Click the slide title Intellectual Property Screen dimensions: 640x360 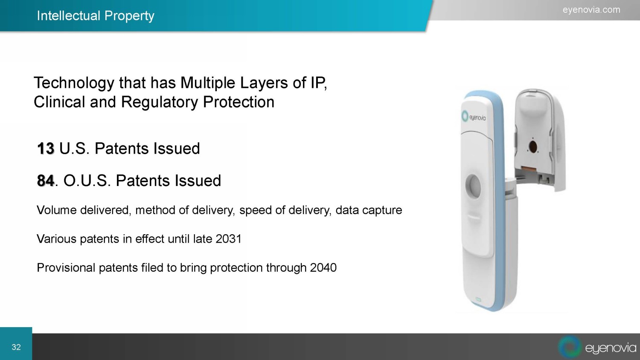point(96,16)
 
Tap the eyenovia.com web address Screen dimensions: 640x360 point(591,10)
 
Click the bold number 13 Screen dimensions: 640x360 point(46,148)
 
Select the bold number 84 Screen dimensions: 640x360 point(45,180)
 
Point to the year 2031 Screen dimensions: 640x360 point(229,239)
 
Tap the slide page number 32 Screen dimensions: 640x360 point(16,347)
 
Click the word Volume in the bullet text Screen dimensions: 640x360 point(57,210)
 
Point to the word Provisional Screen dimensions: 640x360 point(66,268)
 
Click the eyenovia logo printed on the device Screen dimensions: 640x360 point(474,116)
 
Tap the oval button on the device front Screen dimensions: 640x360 point(473,186)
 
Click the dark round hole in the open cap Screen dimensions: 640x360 point(533,147)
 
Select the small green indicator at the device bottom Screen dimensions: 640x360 point(478,300)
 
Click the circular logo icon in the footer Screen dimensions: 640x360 point(570,347)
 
